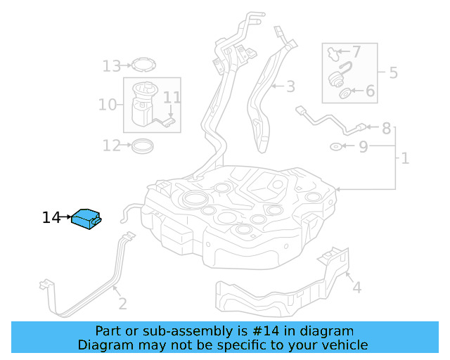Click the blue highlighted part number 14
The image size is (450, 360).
coord(86,219)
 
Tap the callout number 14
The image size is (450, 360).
coord(51,218)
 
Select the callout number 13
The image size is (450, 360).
coord(111,66)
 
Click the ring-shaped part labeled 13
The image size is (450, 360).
coord(143,66)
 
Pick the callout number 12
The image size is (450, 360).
coord(111,146)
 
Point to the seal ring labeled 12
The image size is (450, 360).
coord(143,146)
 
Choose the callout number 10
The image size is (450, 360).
coord(107,105)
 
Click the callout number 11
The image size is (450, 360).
coord(172,98)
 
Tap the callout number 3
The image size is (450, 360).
coord(290,86)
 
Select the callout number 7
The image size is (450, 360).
coord(356,51)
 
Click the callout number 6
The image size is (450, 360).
coord(370,91)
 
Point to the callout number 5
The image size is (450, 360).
coord(393,72)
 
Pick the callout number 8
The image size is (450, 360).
coord(386,129)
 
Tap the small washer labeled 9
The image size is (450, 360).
coord(337,147)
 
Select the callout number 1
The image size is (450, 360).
coord(405,159)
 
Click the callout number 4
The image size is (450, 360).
coord(356,287)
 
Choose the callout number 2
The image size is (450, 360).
coord(122,304)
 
